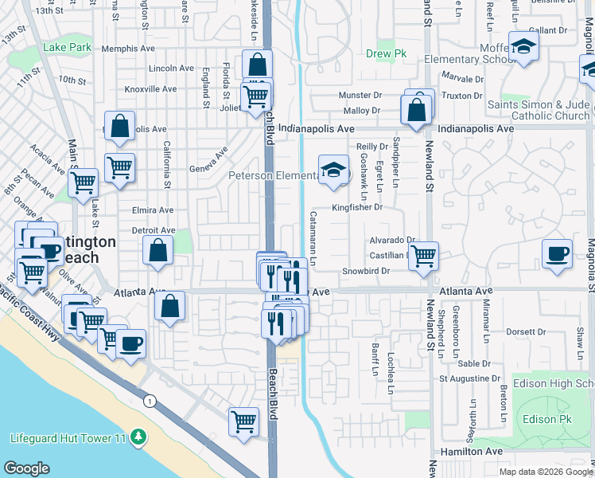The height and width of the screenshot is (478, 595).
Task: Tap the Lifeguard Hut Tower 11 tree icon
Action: [x=139, y=437]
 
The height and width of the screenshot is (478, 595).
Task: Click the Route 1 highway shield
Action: [x=149, y=401]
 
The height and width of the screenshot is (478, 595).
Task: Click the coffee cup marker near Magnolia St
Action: [x=557, y=254]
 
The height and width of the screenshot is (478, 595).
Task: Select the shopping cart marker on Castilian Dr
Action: [x=424, y=256]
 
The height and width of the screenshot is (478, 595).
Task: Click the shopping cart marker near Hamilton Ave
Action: [x=243, y=421]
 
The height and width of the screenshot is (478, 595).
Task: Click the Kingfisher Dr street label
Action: [x=357, y=207]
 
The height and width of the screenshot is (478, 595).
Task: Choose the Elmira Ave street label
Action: [x=153, y=210]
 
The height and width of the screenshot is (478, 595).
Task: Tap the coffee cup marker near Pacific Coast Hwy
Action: [x=131, y=343]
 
